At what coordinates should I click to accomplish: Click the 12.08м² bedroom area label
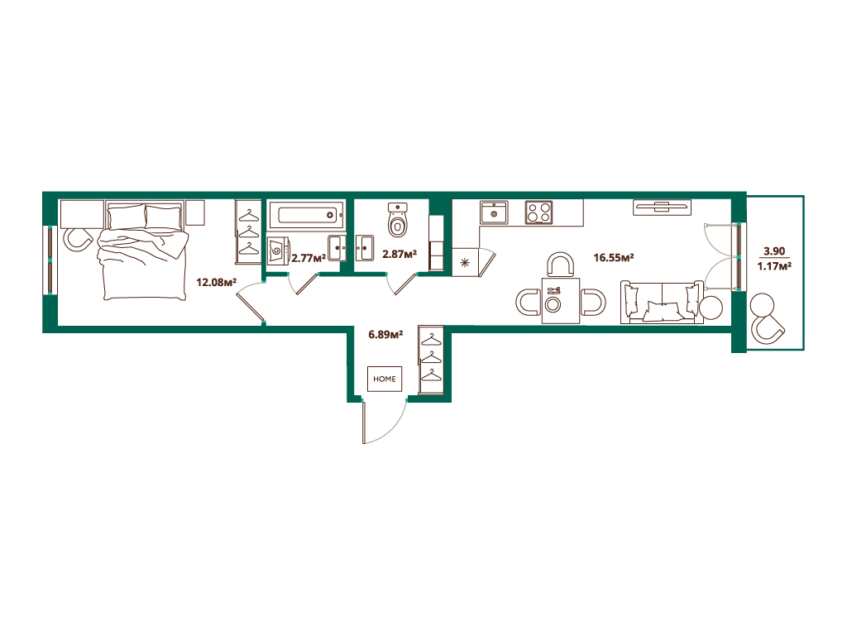[216, 281]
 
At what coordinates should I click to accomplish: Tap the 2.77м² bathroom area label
[309, 258]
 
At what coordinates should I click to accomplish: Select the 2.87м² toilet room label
[400, 253]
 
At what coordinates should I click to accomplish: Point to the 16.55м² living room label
[613, 257]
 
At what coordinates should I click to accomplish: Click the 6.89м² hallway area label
[385, 334]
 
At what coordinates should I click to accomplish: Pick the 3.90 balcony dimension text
[774, 251]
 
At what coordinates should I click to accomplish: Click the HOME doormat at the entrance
[385, 379]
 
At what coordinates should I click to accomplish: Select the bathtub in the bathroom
[306, 216]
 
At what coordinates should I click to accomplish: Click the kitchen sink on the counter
[494, 212]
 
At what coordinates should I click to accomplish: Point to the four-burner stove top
[539, 212]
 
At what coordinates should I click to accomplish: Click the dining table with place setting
[561, 300]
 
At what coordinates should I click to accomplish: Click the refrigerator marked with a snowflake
[466, 262]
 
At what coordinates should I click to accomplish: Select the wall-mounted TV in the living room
[663, 208]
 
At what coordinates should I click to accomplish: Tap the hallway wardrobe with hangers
[431, 359]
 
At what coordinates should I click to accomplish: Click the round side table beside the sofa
[711, 308]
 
